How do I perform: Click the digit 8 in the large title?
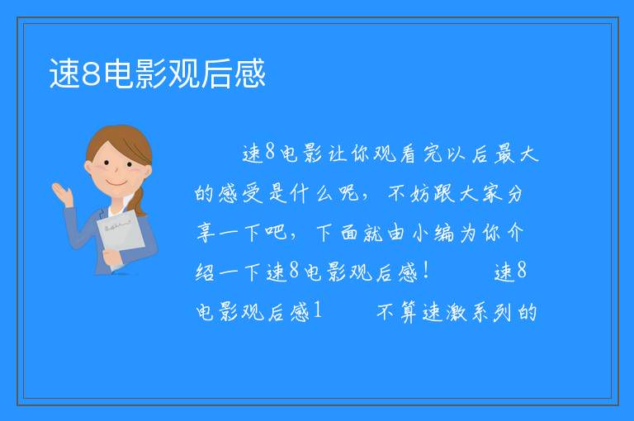tap(91, 74)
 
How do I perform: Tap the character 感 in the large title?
tap(249, 73)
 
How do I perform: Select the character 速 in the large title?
tap(64, 73)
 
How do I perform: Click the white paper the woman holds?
tap(120, 236)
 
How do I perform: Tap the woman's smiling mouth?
tap(116, 183)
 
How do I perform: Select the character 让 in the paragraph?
tap(337, 154)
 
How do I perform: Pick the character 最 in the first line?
tap(504, 154)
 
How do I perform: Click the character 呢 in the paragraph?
tap(349, 193)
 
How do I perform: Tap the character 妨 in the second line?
tap(419, 193)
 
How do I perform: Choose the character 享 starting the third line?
tap(206, 233)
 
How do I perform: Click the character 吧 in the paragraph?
tap(276, 233)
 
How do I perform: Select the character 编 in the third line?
tap(444, 233)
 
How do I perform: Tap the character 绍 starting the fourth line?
tap(206, 272)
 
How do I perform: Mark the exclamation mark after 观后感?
tap(425, 270)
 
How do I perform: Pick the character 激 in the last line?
tap(456, 312)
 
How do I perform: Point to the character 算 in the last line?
tap(409, 312)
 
